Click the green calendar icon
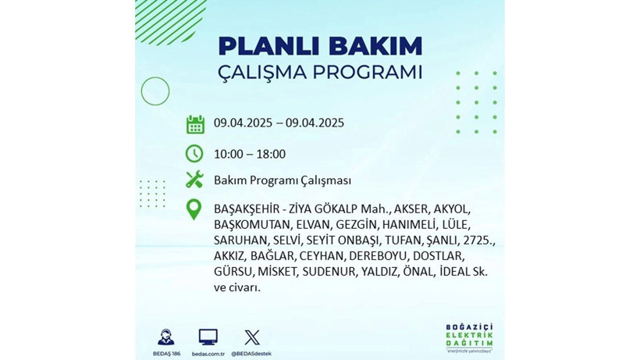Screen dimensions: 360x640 click(194, 123)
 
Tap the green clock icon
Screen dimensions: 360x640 click(194, 153)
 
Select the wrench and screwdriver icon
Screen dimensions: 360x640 click(194, 180)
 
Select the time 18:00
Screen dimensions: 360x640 click(270, 154)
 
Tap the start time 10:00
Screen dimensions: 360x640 click(229, 154)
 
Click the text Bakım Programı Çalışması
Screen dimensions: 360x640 click(282, 180)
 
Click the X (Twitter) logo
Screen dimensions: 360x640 click(251, 337)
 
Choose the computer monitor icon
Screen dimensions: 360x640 click(208, 337)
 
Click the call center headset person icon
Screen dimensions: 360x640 click(165, 337)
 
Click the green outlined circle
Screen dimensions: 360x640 click(155, 91)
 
